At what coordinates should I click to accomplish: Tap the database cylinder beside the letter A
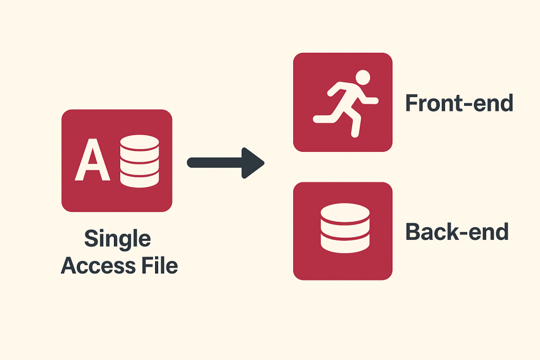pyautogui.click(x=140, y=161)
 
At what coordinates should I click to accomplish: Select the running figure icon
pyautogui.click(x=345, y=103)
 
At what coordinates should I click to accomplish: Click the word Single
pyautogui.click(x=118, y=240)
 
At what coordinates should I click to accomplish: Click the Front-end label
pyautogui.click(x=459, y=103)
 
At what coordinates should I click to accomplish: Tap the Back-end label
pyautogui.click(x=457, y=232)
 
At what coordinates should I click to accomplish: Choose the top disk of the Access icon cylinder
pyautogui.click(x=140, y=142)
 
